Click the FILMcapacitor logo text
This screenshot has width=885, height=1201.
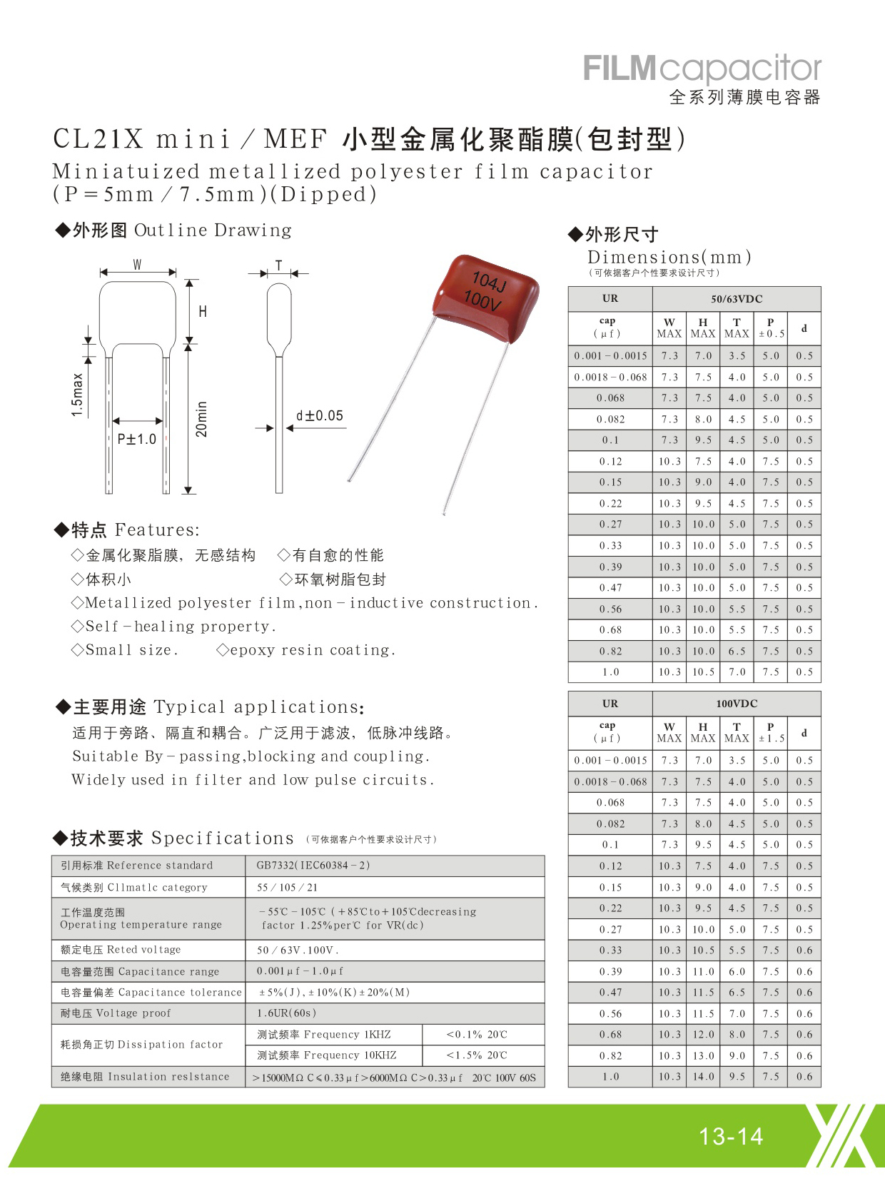click(702, 69)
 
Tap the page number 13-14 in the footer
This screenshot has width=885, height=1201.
click(731, 1136)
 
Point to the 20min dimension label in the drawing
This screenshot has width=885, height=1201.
click(202, 419)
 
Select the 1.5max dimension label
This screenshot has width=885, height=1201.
click(77, 395)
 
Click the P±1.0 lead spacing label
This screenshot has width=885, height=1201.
click(136, 439)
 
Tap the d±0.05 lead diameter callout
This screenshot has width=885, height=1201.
click(319, 415)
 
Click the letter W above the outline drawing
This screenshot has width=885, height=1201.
click(137, 265)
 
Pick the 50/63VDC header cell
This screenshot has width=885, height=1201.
click(736, 299)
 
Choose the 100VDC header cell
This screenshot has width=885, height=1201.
click(736, 704)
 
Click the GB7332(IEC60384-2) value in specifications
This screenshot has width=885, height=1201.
click(313, 866)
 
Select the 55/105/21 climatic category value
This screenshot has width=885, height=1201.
click(287, 888)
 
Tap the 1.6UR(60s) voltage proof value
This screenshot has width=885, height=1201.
click(286, 1013)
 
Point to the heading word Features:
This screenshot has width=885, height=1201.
click(157, 529)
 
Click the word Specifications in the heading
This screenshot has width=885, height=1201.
click(222, 838)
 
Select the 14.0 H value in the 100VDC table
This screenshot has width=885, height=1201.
click(703, 1077)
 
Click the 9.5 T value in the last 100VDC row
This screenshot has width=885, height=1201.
click(737, 1077)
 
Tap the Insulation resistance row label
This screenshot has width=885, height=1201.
click(168, 1077)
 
